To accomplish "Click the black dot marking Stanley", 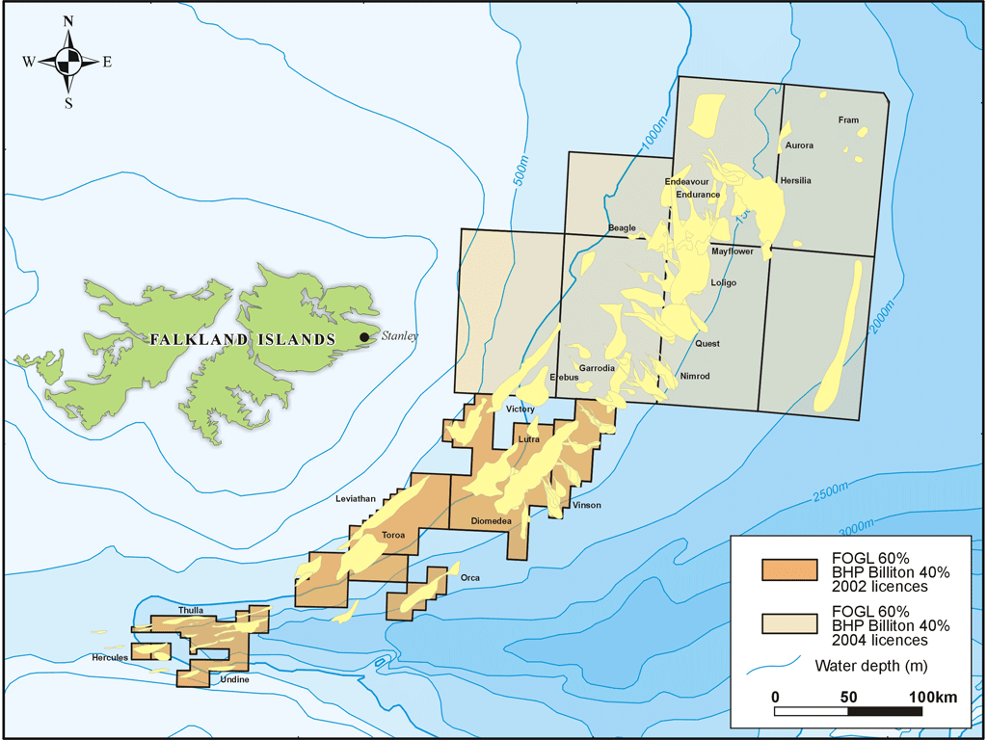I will pos(364,337).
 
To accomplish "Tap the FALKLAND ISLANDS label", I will pos(242,340).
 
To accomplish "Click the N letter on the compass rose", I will pos(67,21).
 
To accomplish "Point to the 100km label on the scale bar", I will pos(935,697).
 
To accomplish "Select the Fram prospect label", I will pos(848,120).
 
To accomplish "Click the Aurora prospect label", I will pos(799,145).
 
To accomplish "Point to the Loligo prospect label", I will pos(723,283).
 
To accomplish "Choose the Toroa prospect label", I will pos(393,534).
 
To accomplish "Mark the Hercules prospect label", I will pos(110,657).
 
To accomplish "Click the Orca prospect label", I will pos(470,578).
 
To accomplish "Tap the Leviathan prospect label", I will pos(355,498).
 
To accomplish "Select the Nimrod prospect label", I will pos(694,376).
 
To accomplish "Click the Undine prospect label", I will pos(235,680).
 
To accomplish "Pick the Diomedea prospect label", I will pos(491,520).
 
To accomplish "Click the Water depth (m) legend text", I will pos(870,665).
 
